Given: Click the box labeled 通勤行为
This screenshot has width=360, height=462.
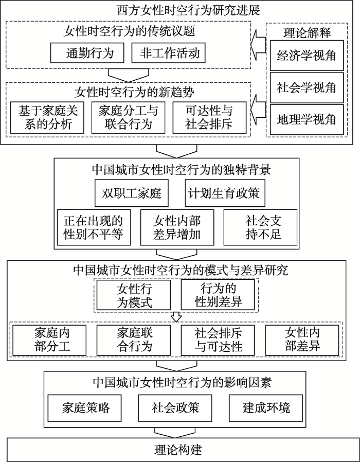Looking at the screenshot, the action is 87,53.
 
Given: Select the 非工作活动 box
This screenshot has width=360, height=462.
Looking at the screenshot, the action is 168,53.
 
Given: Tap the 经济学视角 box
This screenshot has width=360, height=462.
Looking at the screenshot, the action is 307,56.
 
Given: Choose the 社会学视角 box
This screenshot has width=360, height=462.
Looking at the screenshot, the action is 307,87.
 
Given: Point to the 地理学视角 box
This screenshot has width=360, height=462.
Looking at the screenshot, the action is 307,119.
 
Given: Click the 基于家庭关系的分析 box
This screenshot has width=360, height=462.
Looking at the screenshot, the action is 47,118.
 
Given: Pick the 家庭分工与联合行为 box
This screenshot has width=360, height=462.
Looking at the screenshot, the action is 128,118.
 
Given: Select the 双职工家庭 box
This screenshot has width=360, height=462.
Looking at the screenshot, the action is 131,193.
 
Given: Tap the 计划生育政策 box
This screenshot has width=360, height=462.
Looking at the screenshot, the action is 225,193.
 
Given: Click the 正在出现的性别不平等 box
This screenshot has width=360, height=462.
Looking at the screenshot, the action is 94,227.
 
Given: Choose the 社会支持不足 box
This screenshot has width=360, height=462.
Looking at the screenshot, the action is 260,227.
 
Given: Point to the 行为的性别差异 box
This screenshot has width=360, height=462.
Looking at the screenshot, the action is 218,295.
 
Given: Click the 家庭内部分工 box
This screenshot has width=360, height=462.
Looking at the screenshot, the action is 49,340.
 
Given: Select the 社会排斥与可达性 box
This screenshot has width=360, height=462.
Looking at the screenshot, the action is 218,340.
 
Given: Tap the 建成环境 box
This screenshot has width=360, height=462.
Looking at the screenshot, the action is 266,408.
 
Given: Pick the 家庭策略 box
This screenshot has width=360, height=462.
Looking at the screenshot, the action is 84,408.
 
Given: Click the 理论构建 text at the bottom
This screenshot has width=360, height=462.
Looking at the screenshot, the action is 178,450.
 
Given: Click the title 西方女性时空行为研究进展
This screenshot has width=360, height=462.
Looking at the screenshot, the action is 189,11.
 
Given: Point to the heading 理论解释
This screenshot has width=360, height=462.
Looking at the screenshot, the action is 307,33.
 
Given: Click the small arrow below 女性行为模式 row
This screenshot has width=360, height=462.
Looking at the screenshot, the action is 176,317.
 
